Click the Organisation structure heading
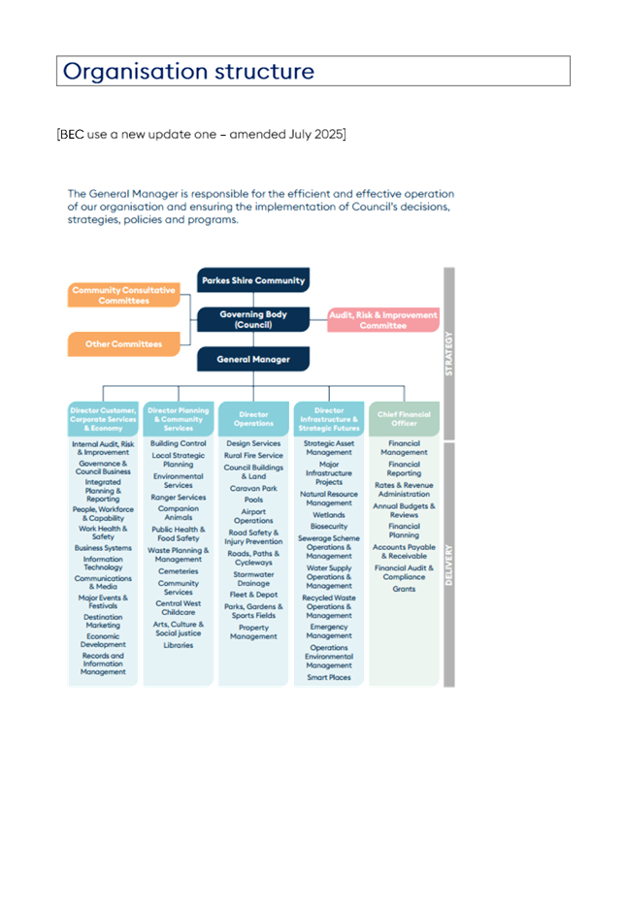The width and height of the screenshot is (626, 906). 188,72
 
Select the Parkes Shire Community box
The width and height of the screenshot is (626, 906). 253,280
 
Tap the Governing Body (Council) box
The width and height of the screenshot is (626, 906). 253,319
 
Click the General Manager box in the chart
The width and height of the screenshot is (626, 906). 253,359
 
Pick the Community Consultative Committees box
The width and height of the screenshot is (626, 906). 124,295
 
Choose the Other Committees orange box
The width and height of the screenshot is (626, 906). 124,344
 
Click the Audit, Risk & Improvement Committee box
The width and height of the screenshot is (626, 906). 382,320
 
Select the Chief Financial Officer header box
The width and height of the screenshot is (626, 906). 404,418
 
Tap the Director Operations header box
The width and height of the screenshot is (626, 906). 253,418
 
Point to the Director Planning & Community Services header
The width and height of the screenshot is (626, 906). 179,418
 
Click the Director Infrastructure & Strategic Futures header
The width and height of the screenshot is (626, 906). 329,418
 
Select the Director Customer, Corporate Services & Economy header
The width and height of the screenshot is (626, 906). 103,418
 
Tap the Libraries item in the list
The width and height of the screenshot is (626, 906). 179,645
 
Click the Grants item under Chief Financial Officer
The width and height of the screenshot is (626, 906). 404,589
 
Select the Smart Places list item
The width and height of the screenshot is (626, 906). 329,677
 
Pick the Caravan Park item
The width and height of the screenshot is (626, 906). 253,488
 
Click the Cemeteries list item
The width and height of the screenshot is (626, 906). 179,571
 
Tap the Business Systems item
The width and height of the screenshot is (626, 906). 103,548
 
